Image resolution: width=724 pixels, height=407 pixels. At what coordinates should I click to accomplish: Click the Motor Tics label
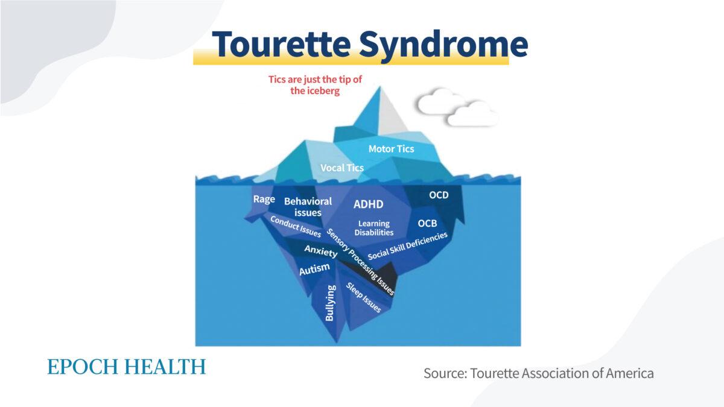tap(392, 148)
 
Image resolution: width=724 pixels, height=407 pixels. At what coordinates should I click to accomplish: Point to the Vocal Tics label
tap(342, 168)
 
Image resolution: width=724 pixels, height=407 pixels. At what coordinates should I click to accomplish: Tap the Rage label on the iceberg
tap(264, 200)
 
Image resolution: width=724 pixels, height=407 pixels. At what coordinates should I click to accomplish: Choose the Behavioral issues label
tap(308, 206)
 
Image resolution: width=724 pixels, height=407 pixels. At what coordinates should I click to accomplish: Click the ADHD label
tap(368, 204)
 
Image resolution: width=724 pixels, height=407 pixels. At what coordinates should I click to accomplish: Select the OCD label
tap(439, 195)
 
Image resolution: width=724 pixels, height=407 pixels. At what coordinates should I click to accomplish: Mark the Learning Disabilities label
tap(374, 228)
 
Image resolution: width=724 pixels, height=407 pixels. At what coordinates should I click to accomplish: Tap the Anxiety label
tap(320, 251)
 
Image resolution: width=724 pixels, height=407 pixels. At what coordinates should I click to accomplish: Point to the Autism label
tap(314, 269)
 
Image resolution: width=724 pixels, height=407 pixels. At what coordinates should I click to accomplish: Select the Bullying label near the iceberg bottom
tap(330, 303)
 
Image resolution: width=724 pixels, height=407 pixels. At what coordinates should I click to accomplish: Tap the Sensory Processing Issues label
tap(361, 262)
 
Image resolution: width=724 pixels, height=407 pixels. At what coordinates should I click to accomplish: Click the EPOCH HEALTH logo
tap(126, 367)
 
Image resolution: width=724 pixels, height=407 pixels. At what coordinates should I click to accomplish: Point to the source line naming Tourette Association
tap(538, 373)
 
